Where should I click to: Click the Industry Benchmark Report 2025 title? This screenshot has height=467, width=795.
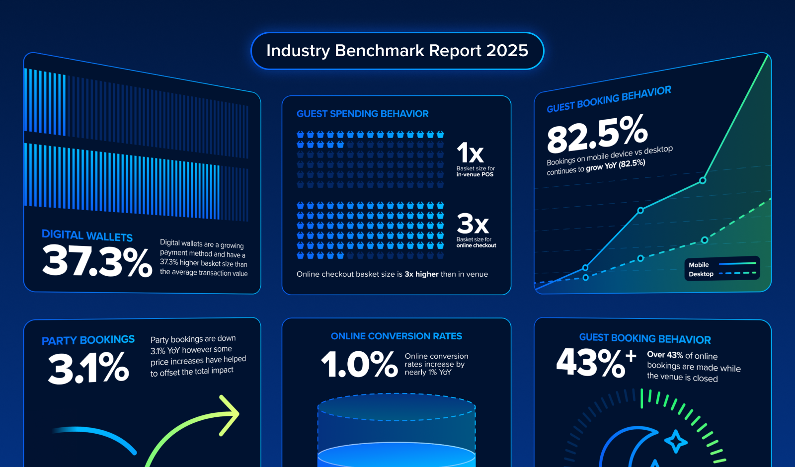coord(397,51)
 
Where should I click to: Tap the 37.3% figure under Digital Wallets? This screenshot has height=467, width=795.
coord(97,261)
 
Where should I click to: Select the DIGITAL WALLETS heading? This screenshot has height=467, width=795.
coord(87,235)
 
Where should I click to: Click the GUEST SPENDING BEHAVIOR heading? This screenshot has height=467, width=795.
coord(362,114)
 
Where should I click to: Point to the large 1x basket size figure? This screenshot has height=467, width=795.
coord(470,153)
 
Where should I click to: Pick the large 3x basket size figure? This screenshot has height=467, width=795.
coord(473,224)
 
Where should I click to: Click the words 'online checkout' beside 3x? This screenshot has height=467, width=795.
coord(476,245)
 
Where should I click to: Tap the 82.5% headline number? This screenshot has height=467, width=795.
coord(597,133)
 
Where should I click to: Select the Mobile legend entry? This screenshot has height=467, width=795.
coord(699,265)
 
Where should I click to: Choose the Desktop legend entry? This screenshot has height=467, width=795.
coord(701,274)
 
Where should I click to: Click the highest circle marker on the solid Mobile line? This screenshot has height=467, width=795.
coord(703,180)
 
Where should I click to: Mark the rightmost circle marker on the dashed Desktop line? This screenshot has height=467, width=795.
coord(704,240)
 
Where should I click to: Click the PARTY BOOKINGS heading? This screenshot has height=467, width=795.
coord(88,340)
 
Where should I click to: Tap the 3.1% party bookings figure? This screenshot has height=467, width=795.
coord(88,368)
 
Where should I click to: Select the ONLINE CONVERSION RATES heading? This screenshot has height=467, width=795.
coord(396,336)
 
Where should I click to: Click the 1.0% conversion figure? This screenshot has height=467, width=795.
coord(359,364)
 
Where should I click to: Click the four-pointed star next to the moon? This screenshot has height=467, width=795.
coord(676,441)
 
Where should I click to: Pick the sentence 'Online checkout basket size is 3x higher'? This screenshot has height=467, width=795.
coord(392,274)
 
